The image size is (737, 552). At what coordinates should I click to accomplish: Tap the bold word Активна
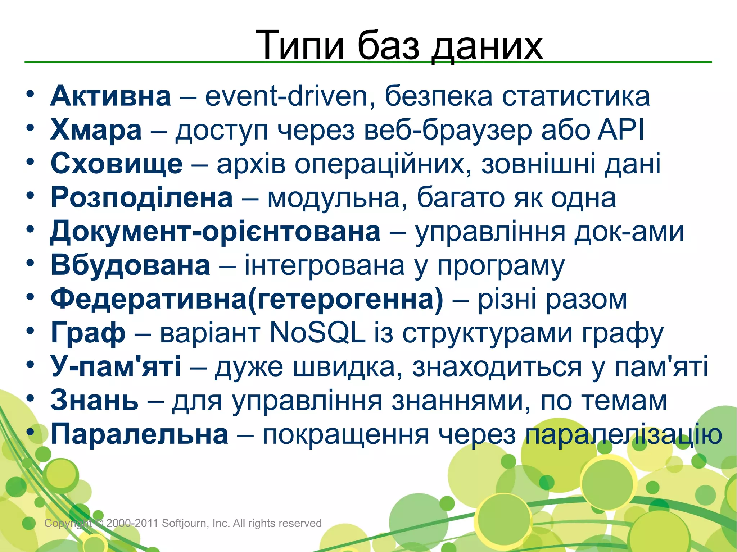[110, 96]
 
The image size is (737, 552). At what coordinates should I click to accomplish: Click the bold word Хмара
[96, 130]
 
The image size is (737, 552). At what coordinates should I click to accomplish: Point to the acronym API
[621, 129]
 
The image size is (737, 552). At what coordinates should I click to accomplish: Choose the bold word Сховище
[117, 164]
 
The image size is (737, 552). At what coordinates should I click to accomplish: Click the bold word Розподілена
[142, 198]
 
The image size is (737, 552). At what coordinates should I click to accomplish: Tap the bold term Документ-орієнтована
[215, 232]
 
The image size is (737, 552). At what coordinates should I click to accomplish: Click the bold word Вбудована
[130, 265]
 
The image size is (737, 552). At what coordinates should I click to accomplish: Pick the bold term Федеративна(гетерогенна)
[247, 299]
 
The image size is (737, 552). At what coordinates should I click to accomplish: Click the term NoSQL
[317, 333]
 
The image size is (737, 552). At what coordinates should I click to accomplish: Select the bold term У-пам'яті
[116, 366]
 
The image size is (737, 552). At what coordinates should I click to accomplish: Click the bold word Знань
[94, 401]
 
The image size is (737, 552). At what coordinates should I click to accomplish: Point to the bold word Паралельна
[139, 434]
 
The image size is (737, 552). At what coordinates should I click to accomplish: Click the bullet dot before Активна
[30, 94]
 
